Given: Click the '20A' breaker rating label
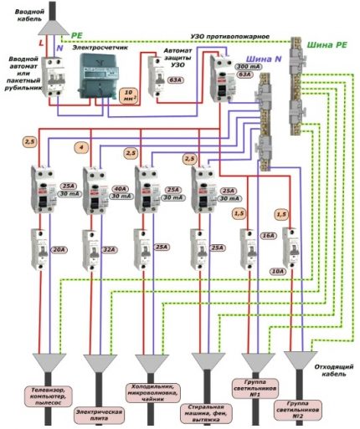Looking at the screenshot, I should [x=59, y=248].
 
